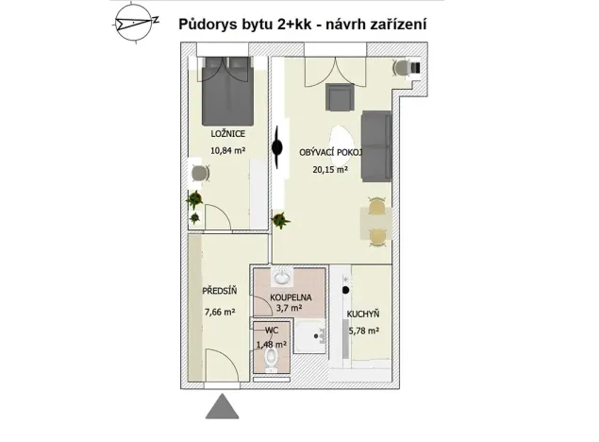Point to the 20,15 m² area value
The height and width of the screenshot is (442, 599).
point(330,170)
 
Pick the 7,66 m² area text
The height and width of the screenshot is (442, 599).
point(218,310)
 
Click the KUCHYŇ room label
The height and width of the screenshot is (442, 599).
point(362,314)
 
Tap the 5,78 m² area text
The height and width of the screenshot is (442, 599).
point(362,330)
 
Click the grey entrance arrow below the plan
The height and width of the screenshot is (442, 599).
point(224,407)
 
